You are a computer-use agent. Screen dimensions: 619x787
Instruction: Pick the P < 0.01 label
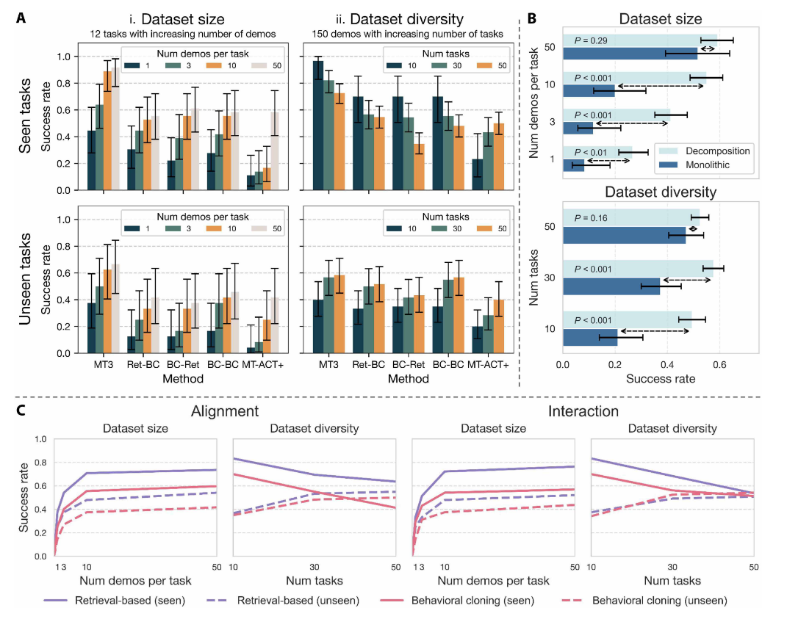point(588,152)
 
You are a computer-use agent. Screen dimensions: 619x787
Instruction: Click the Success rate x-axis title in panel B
point(660,380)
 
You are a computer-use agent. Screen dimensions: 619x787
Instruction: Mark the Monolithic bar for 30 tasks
point(611,286)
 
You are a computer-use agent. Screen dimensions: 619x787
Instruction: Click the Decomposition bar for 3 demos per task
point(616,115)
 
